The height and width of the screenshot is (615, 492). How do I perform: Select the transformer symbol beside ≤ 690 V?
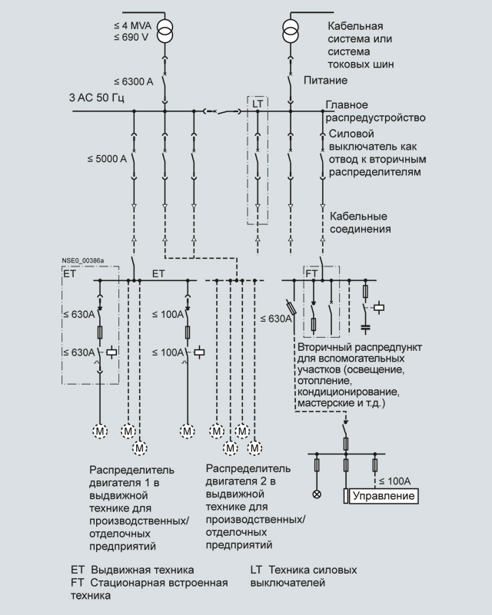(x=165, y=31)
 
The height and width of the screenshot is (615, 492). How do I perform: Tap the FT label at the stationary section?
(x=312, y=273)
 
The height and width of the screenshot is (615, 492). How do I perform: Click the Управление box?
(x=384, y=497)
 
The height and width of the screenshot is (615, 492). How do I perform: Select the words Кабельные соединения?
(x=358, y=223)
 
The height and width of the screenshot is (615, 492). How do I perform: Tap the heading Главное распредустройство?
(x=375, y=111)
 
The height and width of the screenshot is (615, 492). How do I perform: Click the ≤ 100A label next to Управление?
(x=397, y=481)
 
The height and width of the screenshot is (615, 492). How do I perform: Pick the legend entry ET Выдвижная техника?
(x=131, y=570)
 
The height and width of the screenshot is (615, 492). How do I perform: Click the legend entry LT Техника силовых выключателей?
(x=303, y=577)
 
